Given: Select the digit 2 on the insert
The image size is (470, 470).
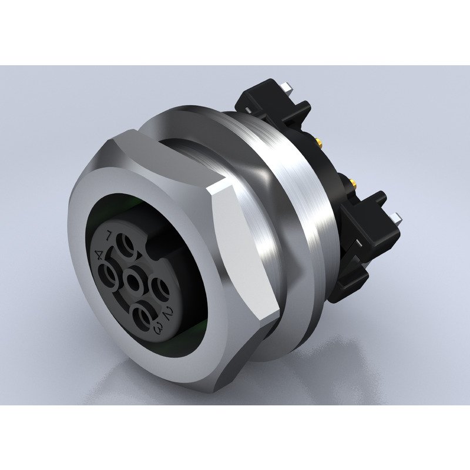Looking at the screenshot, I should [x=167, y=312].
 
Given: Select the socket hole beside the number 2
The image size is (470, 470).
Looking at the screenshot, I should [x=160, y=289].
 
